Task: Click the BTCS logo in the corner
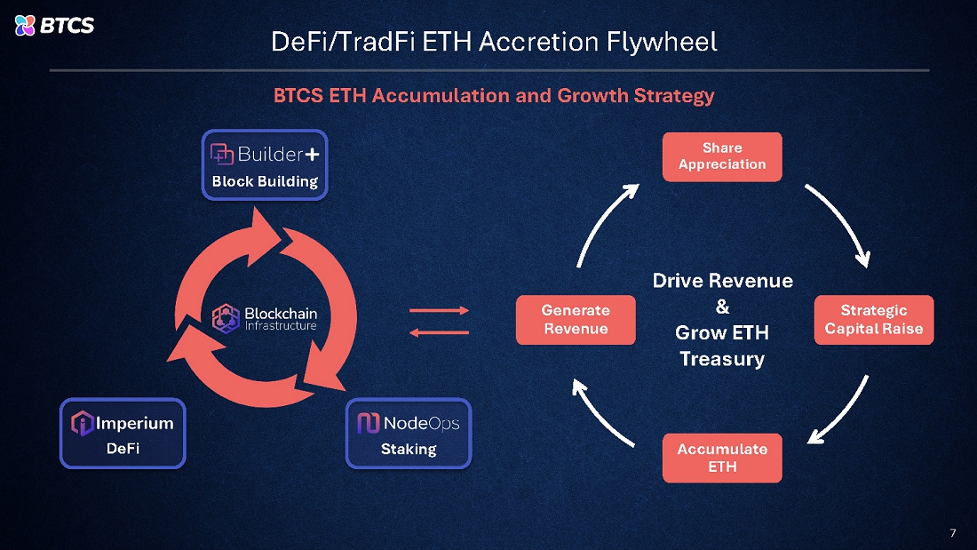point(54,25)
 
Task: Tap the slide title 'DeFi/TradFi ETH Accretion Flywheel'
point(493,41)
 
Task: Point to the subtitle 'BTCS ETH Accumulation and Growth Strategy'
point(493,95)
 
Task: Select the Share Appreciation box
point(722,156)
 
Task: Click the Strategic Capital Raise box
point(874,320)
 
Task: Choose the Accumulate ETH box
point(722,458)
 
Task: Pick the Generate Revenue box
point(576,320)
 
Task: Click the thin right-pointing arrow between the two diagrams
point(438,311)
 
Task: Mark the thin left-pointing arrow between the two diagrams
point(438,332)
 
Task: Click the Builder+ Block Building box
point(265,165)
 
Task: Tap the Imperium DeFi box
point(123,433)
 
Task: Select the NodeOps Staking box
point(409,433)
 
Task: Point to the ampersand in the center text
point(722,307)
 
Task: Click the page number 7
point(953,533)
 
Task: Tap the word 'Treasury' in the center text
point(722,359)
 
